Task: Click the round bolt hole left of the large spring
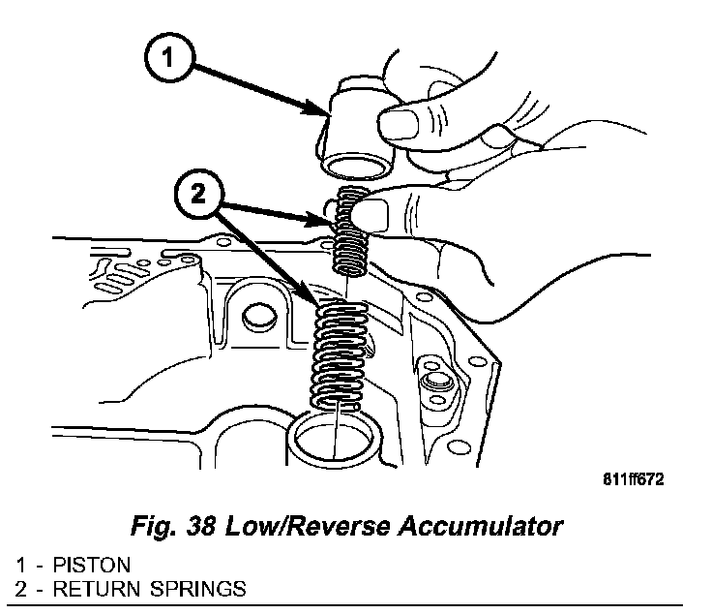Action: (256, 315)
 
